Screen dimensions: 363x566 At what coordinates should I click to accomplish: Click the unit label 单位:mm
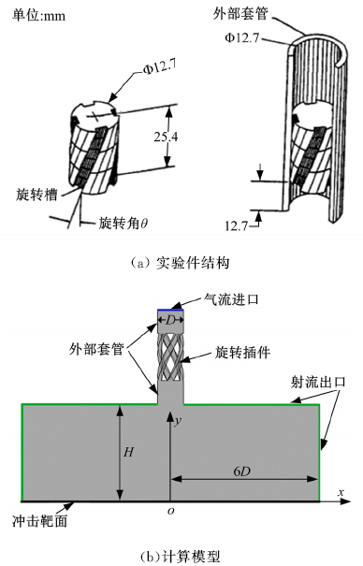tap(39, 16)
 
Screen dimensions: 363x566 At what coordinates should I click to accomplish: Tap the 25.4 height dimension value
tap(166, 137)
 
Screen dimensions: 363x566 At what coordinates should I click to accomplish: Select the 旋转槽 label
tap(36, 195)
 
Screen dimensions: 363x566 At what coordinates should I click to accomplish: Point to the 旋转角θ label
tap(123, 224)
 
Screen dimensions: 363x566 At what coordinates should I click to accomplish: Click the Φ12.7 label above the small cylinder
tap(159, 67)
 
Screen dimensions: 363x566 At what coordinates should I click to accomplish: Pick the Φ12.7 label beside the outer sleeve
tap(242, 38)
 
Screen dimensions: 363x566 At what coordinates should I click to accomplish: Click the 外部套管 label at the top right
tap(240, 14)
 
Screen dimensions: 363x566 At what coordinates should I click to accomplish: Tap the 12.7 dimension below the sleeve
tap(237, 225)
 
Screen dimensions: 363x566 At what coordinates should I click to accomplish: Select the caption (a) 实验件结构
tap(180, 263)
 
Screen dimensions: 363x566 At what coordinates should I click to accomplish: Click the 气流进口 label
tap(231, 299)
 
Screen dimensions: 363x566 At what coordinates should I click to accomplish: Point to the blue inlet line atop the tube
tap(170, 310)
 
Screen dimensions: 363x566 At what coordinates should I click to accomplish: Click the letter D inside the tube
tap(170, 320)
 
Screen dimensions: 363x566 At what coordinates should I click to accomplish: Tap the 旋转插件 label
tap(242, 353)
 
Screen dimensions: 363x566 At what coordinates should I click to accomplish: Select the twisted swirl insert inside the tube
tap(170, 356)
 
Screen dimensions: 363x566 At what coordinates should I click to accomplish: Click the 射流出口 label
tap(318, 383)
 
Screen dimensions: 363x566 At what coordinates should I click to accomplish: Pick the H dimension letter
tap(128, 452)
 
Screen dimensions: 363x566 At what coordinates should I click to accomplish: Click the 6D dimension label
tap(241, 472)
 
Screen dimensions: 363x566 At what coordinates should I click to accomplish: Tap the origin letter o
tap(170, 511)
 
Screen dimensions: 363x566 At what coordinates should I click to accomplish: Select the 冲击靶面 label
tap(39, 521)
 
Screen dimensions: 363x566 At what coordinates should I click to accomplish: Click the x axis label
tap(341, 492)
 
